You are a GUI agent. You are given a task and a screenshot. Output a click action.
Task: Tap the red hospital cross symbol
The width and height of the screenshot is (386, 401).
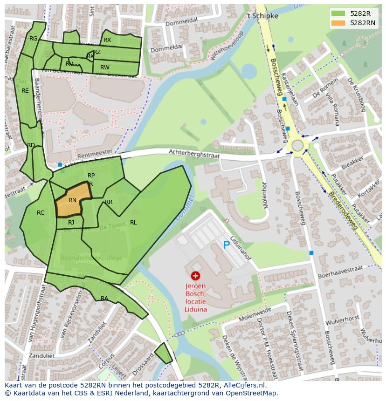[x=195, y=276]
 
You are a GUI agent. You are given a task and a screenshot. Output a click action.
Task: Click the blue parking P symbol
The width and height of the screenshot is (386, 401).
[x=227, y=245]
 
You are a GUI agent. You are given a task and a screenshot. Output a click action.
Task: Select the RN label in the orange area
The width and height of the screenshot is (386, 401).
[x=72, y=200]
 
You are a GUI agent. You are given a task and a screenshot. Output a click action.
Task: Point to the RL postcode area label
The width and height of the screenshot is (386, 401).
[x=133, y=223]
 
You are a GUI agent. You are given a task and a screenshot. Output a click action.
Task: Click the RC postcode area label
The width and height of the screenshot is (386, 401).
[x=41, y=213]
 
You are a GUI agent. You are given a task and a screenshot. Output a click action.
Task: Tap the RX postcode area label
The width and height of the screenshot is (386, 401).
[x=107, y=40]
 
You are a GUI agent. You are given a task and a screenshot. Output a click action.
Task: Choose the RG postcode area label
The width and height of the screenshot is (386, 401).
[x=33, y=39]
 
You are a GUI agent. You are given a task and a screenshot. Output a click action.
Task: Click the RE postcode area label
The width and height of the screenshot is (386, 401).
[x=25, y=91]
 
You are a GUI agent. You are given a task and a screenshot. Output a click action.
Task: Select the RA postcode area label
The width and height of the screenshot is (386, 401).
[x=104, y=299]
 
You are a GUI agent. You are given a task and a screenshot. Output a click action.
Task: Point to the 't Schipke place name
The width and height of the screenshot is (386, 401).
[x=262, y=16]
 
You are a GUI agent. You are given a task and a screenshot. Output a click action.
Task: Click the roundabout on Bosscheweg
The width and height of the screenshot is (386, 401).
[x=297, y=145]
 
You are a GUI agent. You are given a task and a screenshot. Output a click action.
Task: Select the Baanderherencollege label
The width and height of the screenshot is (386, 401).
[x=91, y=258]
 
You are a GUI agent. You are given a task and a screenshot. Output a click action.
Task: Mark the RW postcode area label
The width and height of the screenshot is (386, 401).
[x=105, y=68]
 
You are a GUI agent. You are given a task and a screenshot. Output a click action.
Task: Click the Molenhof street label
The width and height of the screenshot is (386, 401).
[x=264, y=196]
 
